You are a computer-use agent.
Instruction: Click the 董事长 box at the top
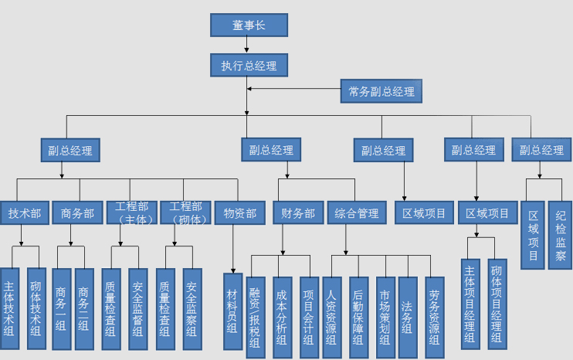click(249, 25)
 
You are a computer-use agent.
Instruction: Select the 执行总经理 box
click(249, 65)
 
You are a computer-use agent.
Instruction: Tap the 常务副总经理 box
click(381, 92)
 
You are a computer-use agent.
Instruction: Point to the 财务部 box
click(297, 213)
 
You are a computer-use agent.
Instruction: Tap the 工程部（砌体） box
click(185, 212)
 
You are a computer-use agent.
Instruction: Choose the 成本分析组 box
click(282, 318)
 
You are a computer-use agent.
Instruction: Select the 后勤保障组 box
click(358, 318)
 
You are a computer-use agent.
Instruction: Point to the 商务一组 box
click(61, 310)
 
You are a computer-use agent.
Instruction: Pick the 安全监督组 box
click(138, 310)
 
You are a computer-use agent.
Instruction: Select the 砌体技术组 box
click(36, 309)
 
